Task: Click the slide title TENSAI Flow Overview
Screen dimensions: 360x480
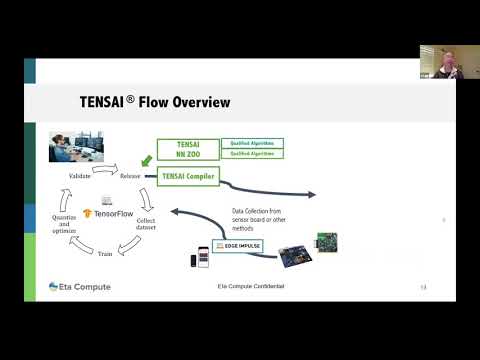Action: point(155,102)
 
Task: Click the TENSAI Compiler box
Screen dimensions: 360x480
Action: point(188,176)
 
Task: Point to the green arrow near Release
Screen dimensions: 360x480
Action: point(147,158)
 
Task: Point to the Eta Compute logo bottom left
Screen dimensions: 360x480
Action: point(80,287)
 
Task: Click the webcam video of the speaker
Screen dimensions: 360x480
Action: point(439,62)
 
